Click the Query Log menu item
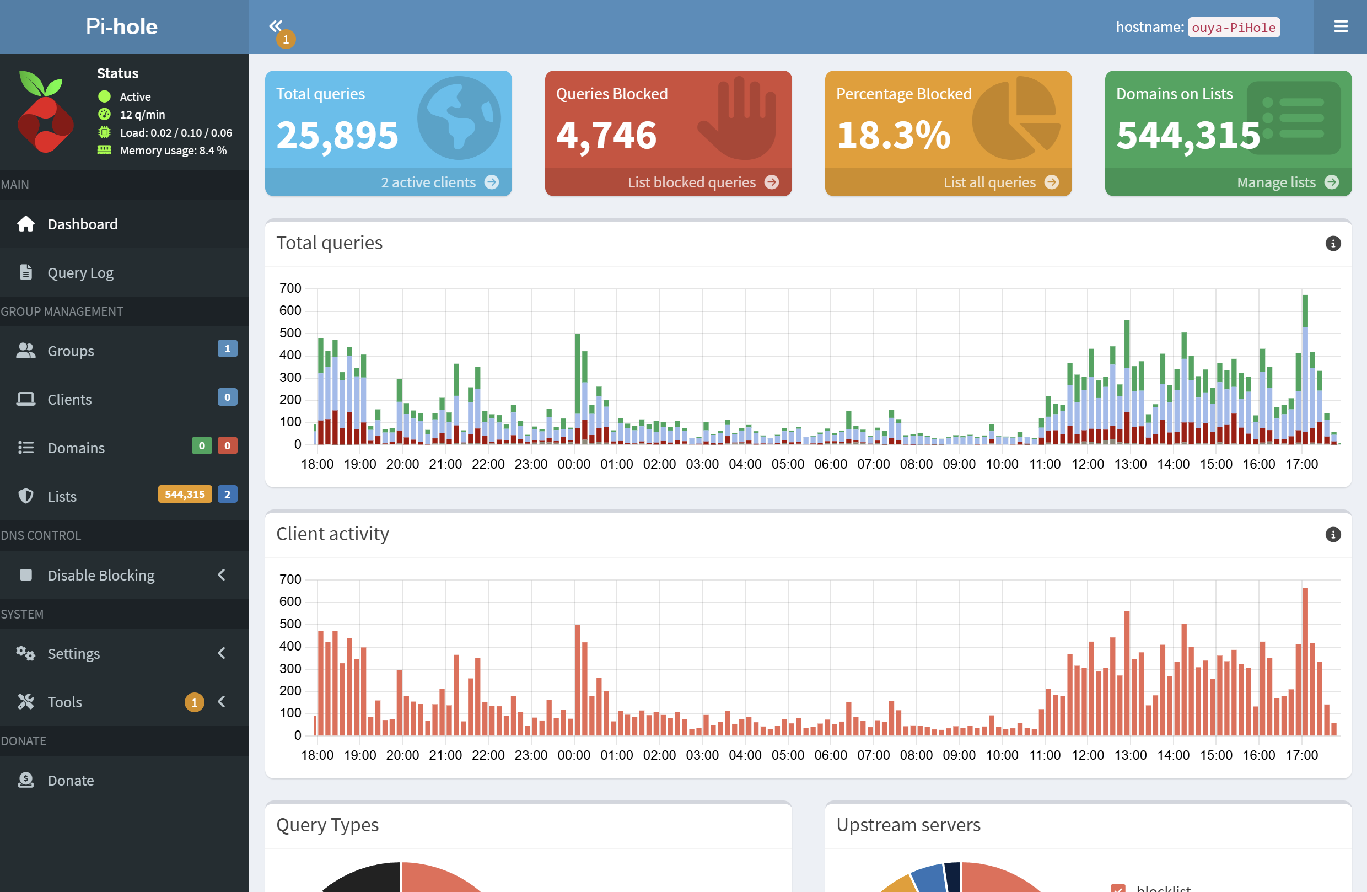pyautogui.click(x=80, y=273)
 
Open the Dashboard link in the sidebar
pyautogui.click(x=82, y=224)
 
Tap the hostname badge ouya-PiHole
pyautogui.click(x=1233, y=27)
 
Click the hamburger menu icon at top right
pyautogui.click(x=1341, y=27)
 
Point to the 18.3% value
pyautogui.click(x=893, y=136)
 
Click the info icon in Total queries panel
pyautogui.click(x=1332, y=244)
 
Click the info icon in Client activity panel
pyautogui.click(x=1332, y=535)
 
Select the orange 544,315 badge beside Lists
pyautogui.click(x=184, y=494)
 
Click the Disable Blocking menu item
pyautogui.click(x=100, y=575)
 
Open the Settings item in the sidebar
pyautogui.click(x=73, y=654)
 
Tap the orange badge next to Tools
pyautogui.click(x=194, y=702)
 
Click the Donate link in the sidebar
pyautogui.click(x=70, y=780)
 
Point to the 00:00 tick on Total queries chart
pyautogui.click(x=573, y=464)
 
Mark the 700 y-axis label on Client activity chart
pyautogui.click(x=290, y=579)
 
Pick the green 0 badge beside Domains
pyautogui.click(x=202, y=445)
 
